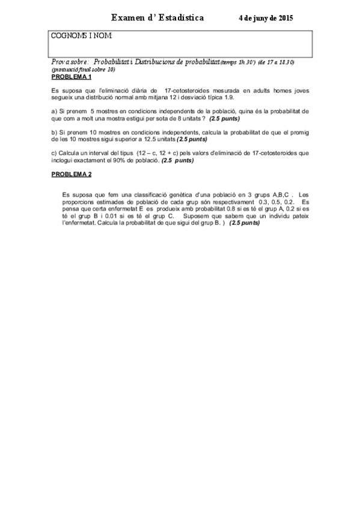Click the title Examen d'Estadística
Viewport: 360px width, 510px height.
pos(157,18)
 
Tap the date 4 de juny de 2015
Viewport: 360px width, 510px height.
pos(266,19)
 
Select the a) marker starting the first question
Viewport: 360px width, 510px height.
pos(54,111)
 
